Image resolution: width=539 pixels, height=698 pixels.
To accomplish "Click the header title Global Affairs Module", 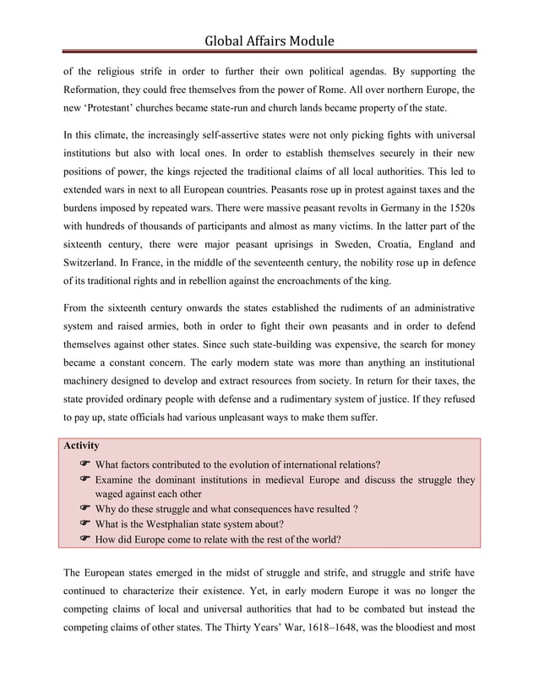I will click(269, 40).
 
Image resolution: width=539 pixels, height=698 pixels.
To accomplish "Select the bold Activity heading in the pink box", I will click(82, 445).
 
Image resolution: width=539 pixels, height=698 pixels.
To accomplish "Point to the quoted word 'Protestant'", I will click(118, 110).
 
